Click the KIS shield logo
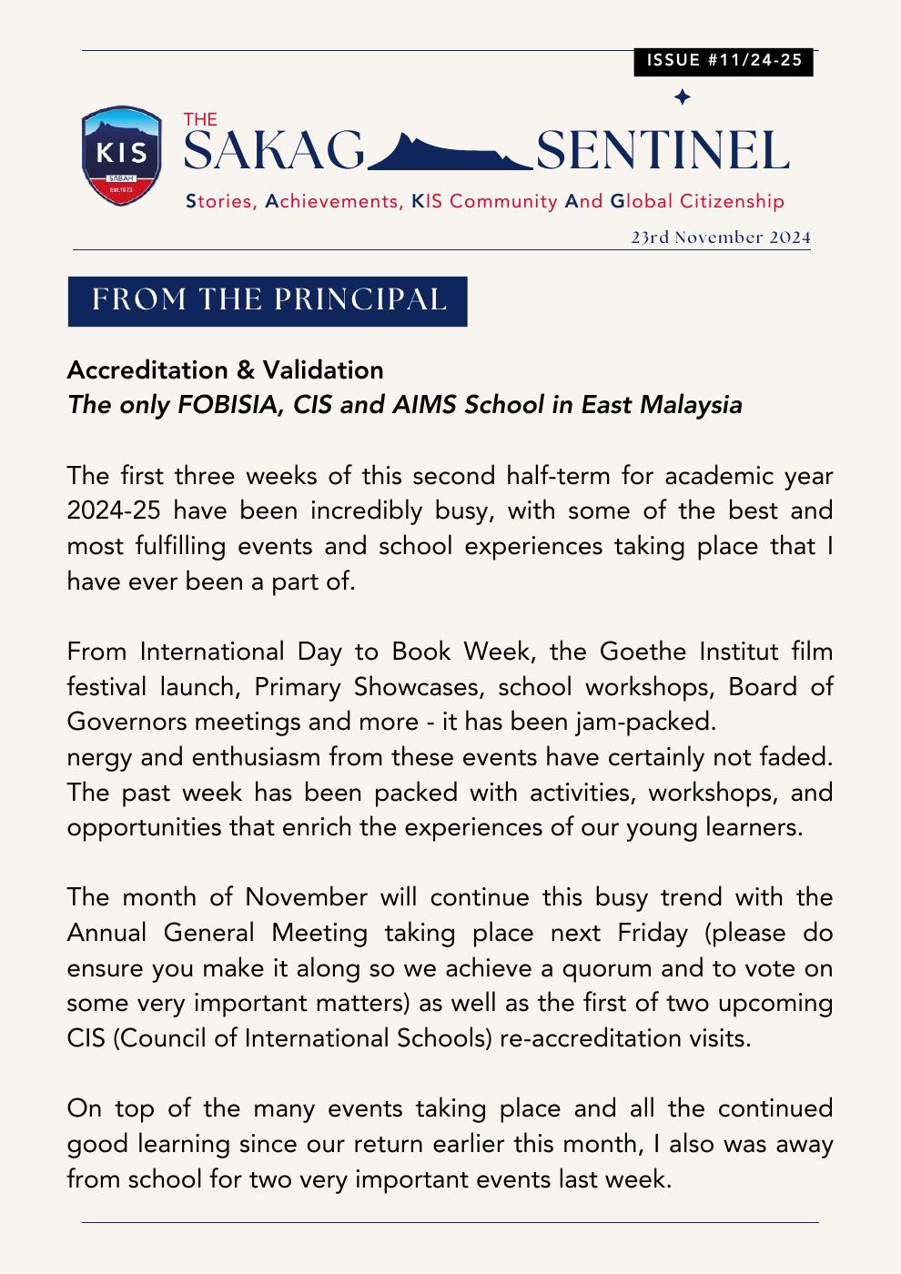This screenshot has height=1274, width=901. (x=122, y=156)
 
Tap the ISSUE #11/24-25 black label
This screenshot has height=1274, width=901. (x=724, y=61)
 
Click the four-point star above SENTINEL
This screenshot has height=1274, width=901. (x=682, y=97)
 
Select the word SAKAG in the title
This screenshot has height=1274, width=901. (x=274, y=151)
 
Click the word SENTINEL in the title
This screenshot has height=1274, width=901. (x=662, y=151)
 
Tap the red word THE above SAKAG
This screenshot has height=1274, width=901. (x=200, y=119)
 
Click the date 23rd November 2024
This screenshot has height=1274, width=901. (x=720, y=238)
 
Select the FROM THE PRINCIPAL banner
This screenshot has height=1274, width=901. (x=268, y=300)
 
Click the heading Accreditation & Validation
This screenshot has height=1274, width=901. (x=225, y=370)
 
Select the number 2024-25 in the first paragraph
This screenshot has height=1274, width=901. (x=107, y=511)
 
